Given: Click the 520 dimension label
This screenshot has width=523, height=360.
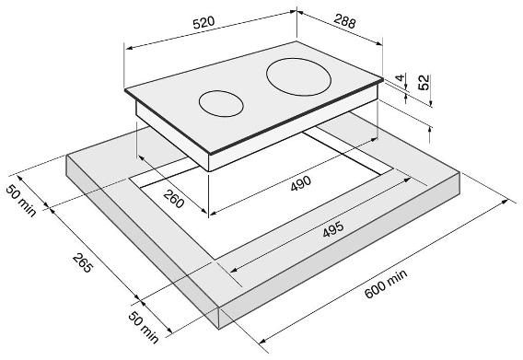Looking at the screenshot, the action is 203,23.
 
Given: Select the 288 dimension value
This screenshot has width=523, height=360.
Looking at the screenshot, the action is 345,20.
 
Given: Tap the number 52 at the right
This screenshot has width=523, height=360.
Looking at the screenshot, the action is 424,82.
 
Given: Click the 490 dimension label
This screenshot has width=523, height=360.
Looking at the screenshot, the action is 301,183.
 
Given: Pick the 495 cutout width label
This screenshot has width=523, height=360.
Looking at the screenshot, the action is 333,229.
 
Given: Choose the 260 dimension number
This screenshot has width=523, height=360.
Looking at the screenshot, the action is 174,199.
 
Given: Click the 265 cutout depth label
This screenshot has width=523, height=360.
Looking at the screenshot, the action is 82,263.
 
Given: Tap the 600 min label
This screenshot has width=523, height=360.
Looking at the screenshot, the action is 386,284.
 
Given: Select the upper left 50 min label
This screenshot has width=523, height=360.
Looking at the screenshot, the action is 20,201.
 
